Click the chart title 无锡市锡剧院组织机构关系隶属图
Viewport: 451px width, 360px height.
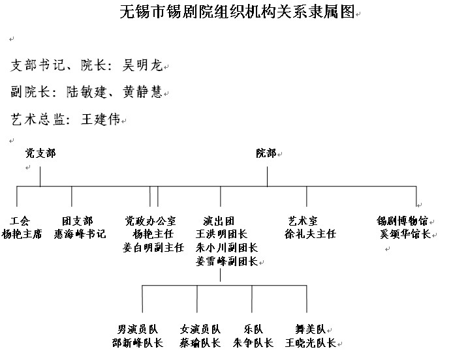238,12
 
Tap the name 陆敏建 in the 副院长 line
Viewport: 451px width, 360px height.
86,92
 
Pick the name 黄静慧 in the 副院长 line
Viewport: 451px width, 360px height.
143,92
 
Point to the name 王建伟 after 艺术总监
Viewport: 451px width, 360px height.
101,119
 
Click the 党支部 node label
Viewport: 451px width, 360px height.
40,153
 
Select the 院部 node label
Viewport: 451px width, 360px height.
266,153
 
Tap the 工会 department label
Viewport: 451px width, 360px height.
20,221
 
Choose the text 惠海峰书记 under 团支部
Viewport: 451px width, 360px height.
80,234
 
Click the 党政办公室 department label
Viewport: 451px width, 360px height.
150,221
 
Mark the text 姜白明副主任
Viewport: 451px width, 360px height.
153,247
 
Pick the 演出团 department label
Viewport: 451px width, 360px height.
219,221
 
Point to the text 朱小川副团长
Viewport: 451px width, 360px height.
226,247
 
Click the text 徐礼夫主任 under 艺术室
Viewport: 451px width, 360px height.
311,234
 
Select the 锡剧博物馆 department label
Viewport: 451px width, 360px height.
402,221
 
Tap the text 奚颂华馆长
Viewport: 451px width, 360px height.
405,234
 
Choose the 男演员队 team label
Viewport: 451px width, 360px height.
138,329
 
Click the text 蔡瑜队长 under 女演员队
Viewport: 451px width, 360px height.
200,342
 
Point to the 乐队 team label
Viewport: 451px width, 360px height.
253,329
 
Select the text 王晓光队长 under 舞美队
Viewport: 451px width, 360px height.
311,342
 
